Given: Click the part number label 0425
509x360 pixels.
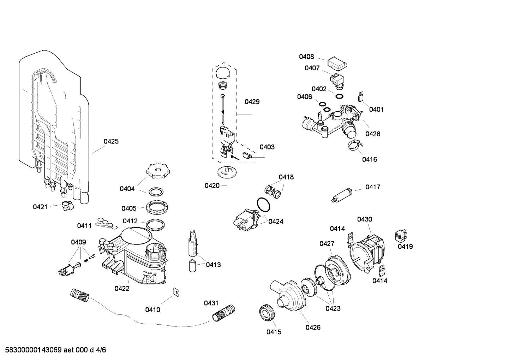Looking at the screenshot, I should click(111, 142).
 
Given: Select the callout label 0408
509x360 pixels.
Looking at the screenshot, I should click(306, 57).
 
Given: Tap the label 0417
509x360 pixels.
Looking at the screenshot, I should click(373, 187).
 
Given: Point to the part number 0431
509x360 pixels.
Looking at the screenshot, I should click(211, 303).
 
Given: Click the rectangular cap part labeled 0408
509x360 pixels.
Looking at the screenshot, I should click(337, 64).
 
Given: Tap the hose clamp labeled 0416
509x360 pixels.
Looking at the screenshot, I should click(354, 145).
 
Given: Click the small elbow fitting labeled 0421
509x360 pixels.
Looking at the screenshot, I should click(66, 205).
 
